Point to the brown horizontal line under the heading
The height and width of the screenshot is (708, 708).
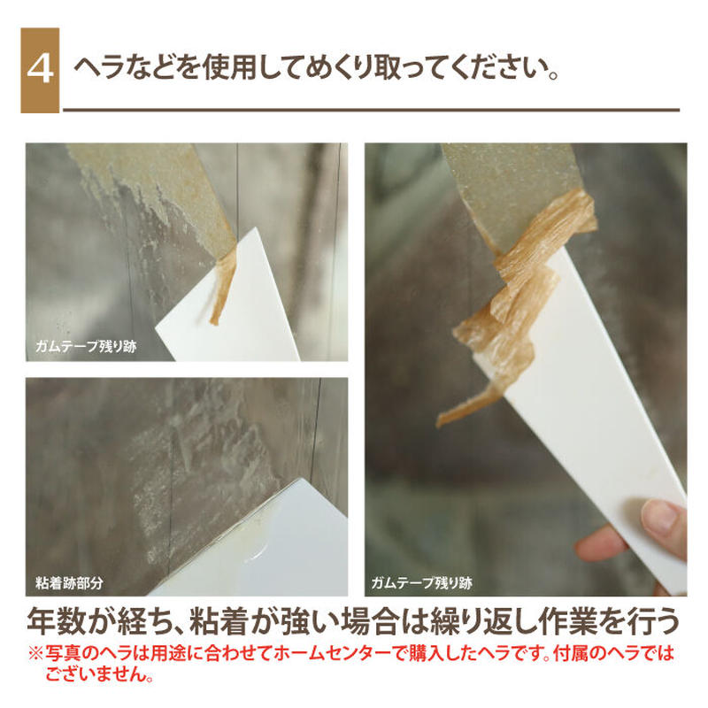[x=372, y=110]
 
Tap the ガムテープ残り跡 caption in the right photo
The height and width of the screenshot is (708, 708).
[x=422, y=583]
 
